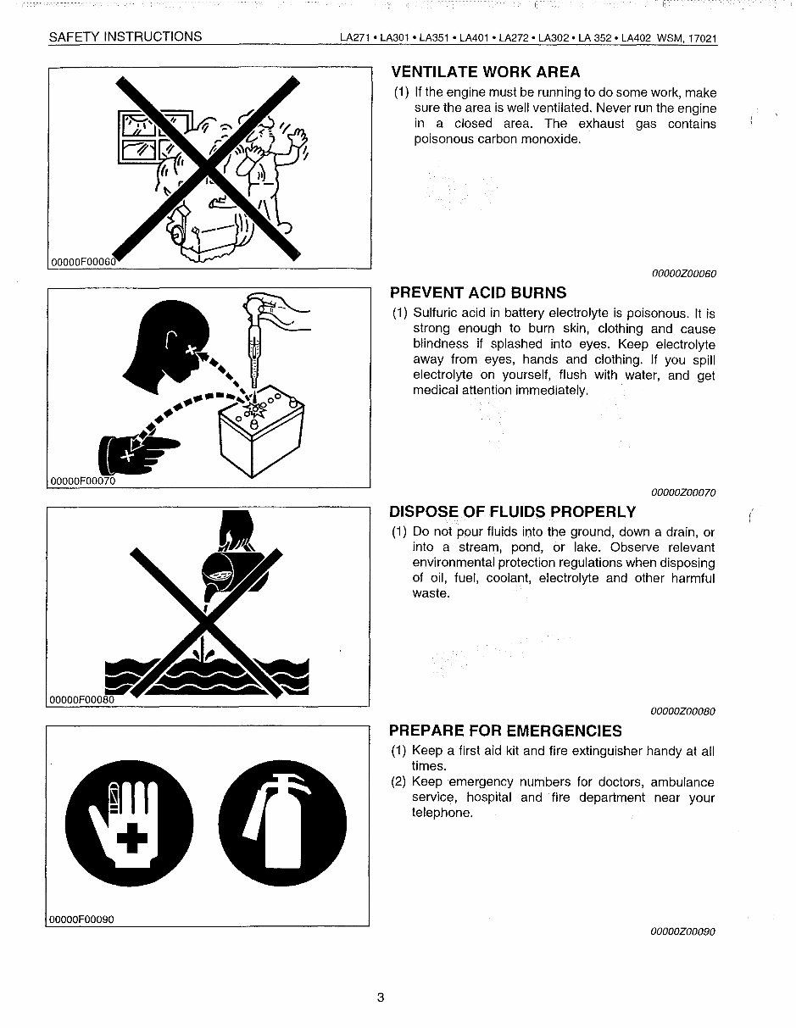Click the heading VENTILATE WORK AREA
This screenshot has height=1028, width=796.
click(x=485, y=72)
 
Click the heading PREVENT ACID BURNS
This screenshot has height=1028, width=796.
click(x=478, y=293)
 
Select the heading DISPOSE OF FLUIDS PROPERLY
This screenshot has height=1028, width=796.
click(x=512, y=512)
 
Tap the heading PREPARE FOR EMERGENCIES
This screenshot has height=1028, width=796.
click(x=505, y=731)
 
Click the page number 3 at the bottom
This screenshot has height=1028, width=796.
click(x=381, y=997)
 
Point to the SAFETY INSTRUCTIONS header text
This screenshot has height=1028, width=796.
click(x=125, y=36)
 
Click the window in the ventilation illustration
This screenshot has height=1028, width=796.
click(x=152, y=136)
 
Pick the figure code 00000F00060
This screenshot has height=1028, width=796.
click(x=82, y=262)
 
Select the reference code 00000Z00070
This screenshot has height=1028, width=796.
click(x=683, y=492)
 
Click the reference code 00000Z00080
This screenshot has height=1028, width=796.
click(x=683, y=712)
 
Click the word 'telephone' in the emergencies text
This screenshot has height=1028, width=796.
click(x=441, y=813)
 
